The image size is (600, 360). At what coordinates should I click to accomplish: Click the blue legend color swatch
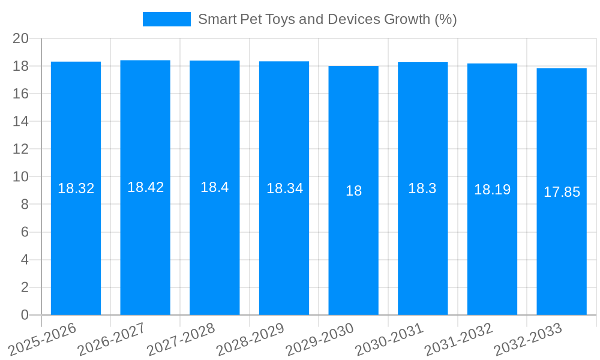pyautogui.click(x=166, y=19)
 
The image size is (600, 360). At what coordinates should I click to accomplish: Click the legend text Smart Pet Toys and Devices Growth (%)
pyautogui.click(x=327, y=19)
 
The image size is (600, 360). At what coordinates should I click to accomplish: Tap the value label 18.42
pyautogui.click(x=145, y=187)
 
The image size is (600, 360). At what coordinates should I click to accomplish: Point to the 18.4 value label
pyautogui.click(x=214, y=187)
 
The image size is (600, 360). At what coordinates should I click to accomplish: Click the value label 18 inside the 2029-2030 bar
pyautogui.click(x=353, y=191)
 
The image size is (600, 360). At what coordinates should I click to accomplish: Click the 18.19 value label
pyautogui.click(x=492, y=190)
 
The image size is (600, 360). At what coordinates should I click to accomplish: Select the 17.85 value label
pyautogui.click(x=562, y=192)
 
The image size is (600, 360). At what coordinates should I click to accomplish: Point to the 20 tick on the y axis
pyautogui.click(x=21, y=38)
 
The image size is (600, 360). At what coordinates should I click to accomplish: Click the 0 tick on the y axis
pyautogui.click(x=25, y=315)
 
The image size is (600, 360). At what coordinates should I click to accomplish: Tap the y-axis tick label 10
pyautogui.click(x=21, y=177)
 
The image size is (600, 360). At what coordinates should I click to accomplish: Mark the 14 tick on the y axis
pyautogui.click(x=21, y=121)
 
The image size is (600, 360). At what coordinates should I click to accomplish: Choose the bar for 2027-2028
pyautogui.click(x=214, y=252)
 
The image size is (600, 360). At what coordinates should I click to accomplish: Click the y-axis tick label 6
pyautogui.click(x=25, y=232)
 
